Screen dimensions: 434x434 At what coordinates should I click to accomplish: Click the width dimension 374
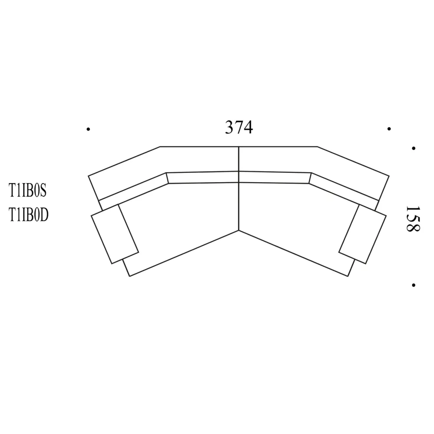239,128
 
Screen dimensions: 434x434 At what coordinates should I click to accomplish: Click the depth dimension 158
413,219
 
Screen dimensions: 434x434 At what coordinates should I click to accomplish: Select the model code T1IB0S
27,191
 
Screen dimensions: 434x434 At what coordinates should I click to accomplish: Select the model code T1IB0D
29,215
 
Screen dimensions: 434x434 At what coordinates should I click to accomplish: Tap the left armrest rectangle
115,234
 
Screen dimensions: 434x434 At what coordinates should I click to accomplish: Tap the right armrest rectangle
362,234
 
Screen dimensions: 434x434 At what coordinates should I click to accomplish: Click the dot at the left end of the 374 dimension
88,129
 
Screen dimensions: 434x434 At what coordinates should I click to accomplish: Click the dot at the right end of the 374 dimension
389,129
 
